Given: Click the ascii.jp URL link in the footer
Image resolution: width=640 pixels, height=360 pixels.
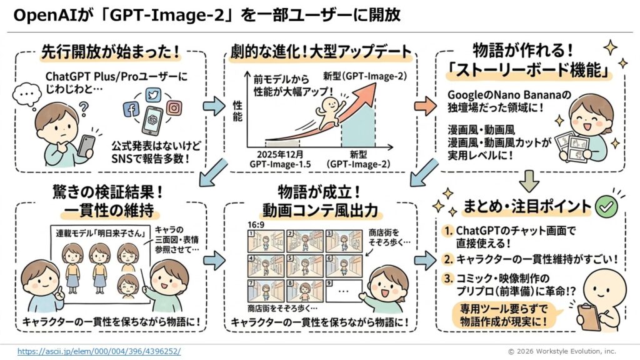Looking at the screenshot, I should [x=99, y=351].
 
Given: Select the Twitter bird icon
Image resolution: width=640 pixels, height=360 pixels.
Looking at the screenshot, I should [x=152, y=94].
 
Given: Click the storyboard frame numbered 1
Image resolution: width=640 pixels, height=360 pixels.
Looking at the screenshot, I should [x=263, y=238].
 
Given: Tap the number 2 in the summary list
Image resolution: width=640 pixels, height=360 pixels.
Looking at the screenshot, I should [x=448, y=257].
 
